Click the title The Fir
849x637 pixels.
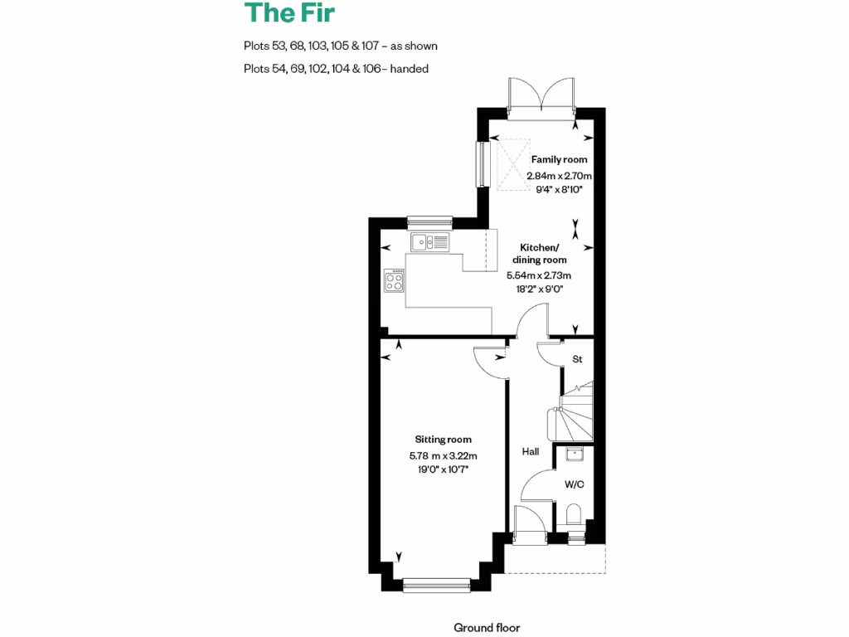(289, 14)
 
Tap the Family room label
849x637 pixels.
(559, 159)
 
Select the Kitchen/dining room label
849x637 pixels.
(540, 254)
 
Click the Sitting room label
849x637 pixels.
(443, 440)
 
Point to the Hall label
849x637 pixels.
(531, 451)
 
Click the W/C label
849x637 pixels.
(575, 484)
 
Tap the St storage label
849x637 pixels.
(578, 359)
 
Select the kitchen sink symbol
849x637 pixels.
(429, 242)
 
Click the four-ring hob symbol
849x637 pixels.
(394, 281)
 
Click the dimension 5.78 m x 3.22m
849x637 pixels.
(443, 455)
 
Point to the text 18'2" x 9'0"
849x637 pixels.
(539, 290)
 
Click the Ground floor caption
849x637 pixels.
(487, 628)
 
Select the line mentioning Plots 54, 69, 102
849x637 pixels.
(336, 69)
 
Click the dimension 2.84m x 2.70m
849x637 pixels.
(560, 175)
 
